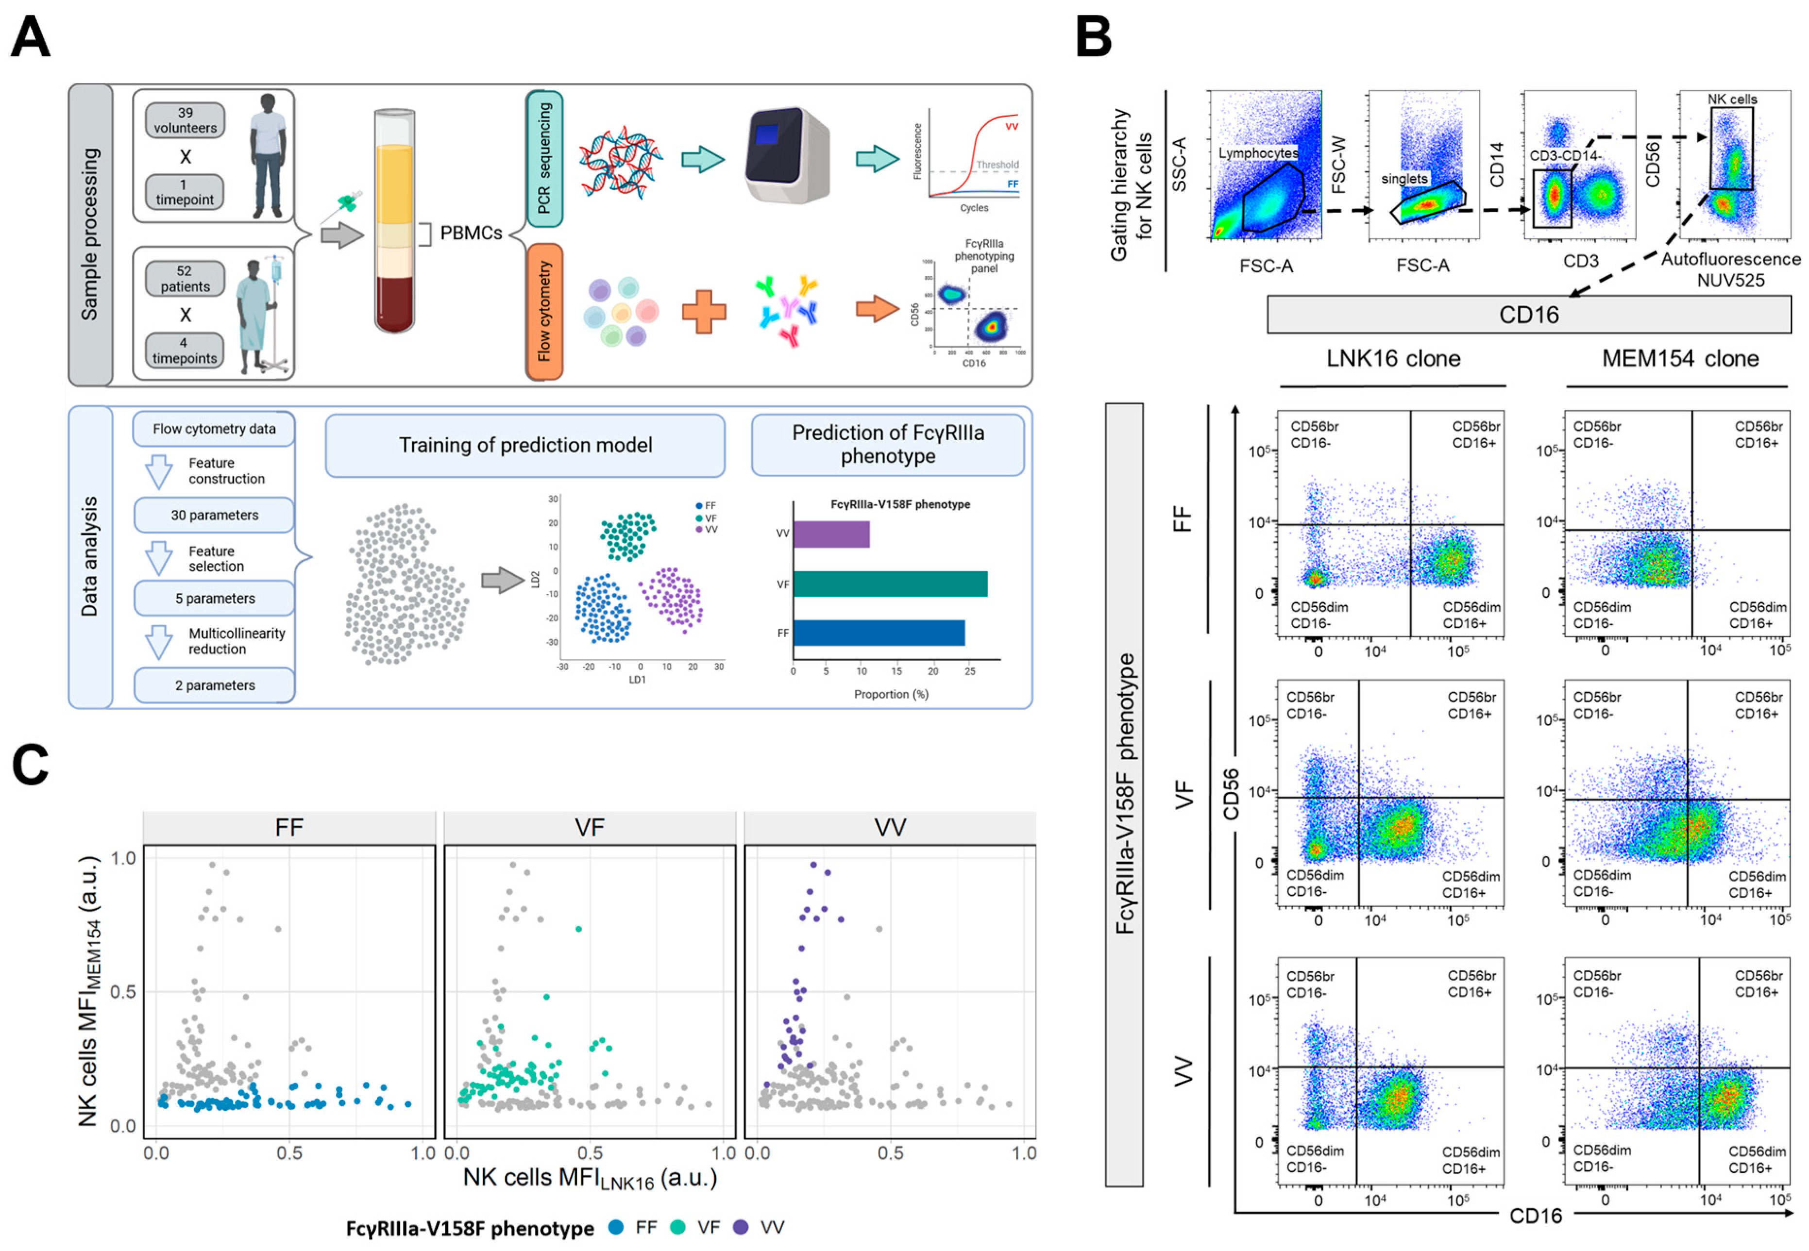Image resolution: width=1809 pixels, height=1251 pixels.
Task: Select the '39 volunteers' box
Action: point(185,120)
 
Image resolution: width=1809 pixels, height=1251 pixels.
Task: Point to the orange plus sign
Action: point(703,311)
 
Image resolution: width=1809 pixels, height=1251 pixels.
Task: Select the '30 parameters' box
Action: point(214,515)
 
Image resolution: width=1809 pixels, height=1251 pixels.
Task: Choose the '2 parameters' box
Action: point(214,685)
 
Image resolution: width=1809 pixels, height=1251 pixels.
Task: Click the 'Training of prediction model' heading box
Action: point(524,445)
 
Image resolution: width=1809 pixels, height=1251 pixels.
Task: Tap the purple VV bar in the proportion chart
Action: point(831,534)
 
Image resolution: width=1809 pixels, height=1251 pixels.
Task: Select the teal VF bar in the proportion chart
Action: point(890,584)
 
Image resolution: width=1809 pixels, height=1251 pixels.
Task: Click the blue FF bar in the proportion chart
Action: point(878,633)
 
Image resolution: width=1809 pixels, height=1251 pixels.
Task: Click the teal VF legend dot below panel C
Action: point(677,1228)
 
